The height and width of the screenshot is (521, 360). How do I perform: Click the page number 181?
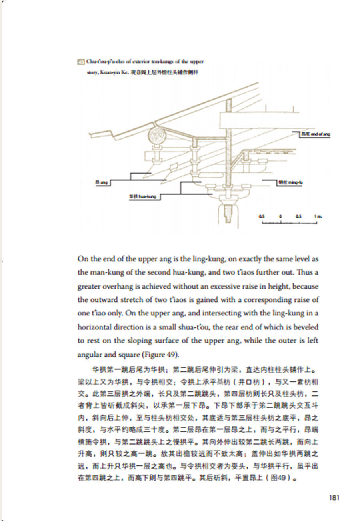coord(334,498)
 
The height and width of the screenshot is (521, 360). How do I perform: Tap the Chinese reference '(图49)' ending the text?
coord(282,478)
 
